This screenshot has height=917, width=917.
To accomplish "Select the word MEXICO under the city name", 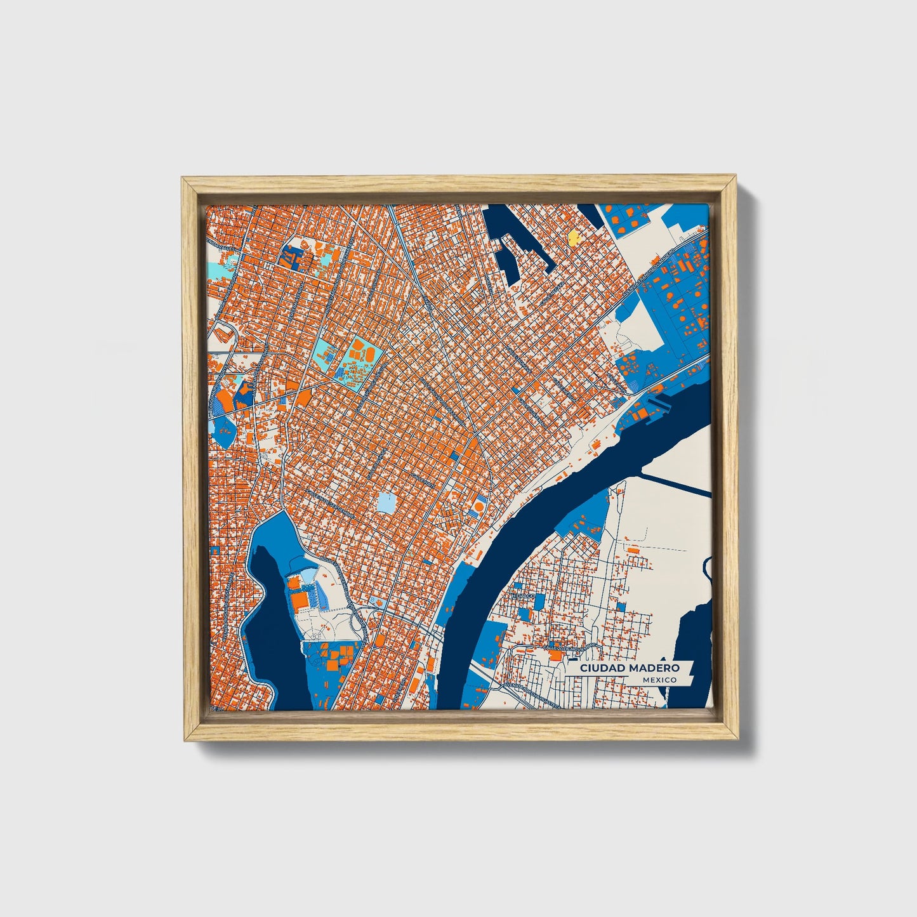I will tap(659, 680).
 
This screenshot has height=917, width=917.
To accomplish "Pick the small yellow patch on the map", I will tap(573, 237).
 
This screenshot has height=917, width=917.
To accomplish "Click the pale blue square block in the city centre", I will tap(386, 503).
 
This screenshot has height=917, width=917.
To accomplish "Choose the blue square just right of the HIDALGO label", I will tap(539, 600).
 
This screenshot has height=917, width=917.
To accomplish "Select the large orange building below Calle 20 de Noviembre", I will tap(555, 656).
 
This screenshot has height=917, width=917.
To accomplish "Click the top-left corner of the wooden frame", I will tap(184, 180).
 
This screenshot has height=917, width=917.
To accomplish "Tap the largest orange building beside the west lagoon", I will tap(298, 599).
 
